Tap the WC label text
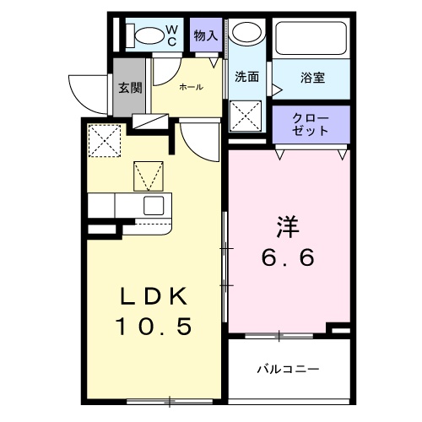(x=170, y=35)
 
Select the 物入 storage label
(x=205, y=35)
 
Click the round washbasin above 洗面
(x=246, y=34)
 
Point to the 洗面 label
(x=247, y=77)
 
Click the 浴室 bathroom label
(x=312, y=78)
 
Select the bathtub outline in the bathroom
(x=311, y=38)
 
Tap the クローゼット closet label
(x=310, y=125)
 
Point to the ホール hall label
(x=189, y=86)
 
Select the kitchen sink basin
(x=154, y=206)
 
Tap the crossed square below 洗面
(x=247, y=115)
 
